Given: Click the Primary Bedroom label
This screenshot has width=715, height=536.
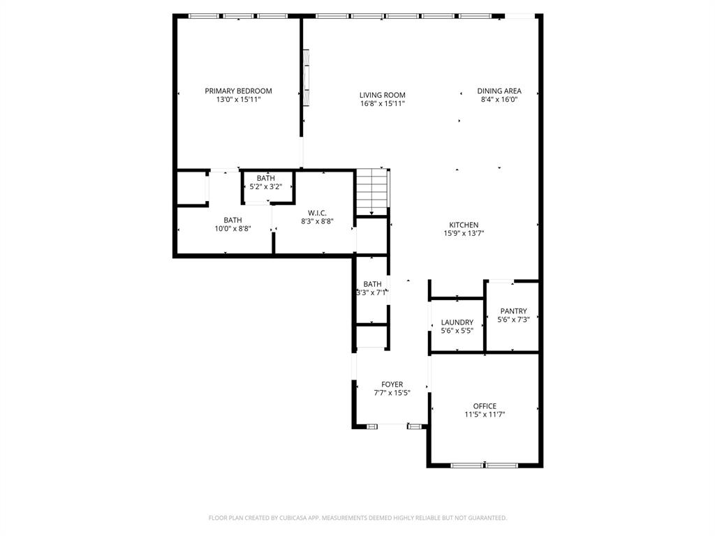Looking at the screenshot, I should (238, 91).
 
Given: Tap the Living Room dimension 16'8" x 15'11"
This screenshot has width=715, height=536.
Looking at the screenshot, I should (382, 103).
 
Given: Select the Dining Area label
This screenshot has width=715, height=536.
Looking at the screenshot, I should (499, 91).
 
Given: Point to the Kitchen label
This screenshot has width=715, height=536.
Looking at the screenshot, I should (464, 225).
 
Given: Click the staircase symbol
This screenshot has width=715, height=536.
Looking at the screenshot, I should (372, 193).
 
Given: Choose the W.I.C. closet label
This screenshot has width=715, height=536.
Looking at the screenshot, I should (317, 213).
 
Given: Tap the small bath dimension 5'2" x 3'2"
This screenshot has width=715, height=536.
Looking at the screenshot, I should (265, 186).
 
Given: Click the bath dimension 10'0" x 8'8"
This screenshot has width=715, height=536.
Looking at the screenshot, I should (233, 228).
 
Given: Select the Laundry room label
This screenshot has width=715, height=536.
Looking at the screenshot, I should (457, 322).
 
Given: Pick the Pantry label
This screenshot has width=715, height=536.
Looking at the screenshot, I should (513, 311).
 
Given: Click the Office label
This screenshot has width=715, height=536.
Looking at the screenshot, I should (485, 406).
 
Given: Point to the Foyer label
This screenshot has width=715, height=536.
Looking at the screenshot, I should (392, 385).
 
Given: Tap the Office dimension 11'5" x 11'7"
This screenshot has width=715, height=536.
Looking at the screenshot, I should (485, 415).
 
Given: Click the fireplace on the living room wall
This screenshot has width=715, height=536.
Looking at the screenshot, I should (305, 77).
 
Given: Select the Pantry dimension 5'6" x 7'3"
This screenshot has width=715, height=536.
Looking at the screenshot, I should (513, 320).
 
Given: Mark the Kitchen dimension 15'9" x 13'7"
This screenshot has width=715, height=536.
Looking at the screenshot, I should (464, 233).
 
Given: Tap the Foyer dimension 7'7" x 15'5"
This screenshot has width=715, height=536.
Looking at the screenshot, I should (392, 393).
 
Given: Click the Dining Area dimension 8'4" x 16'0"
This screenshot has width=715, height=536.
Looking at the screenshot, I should (499, 99).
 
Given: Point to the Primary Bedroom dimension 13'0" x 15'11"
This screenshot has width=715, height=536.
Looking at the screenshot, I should (238, 99).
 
